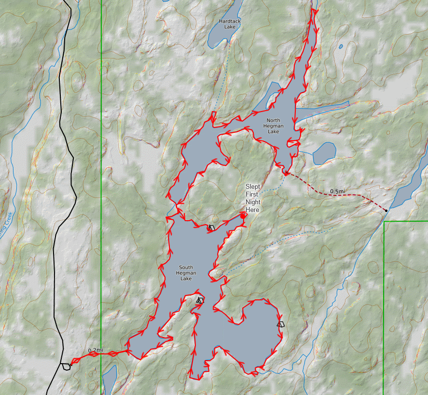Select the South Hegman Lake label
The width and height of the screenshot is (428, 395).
coord(186,273)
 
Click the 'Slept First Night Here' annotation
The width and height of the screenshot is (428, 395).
coord(252,198)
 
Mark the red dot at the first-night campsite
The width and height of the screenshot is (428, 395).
coord(243,216)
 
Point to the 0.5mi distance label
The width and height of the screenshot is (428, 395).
coord(337,192)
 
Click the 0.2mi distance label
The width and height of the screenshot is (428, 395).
coord(96,350)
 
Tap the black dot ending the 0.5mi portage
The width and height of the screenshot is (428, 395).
coord(386,211)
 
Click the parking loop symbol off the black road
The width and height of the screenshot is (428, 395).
coord(66,367)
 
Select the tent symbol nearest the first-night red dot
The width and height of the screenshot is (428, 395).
coord(211,227)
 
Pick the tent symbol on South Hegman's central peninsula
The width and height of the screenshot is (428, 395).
coord(200,300)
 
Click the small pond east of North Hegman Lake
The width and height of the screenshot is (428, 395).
coord(324,154)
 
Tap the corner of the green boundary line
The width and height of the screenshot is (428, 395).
coord(385,222)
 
